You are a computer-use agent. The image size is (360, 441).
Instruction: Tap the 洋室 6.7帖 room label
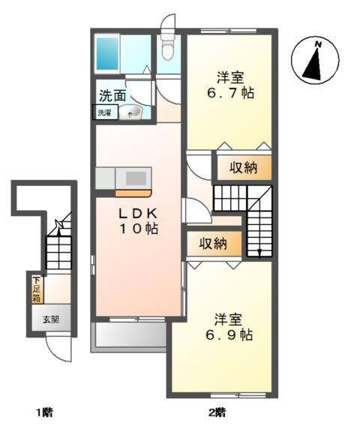pos(229,86)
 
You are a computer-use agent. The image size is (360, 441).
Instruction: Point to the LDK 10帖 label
pos(137,220)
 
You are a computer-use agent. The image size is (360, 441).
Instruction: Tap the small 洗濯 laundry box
pos(102,112)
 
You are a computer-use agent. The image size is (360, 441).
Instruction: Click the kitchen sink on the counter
pos(136,178)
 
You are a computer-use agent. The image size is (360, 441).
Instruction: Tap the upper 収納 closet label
pos(244,167)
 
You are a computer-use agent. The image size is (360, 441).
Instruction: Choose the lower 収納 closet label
pos(214,244)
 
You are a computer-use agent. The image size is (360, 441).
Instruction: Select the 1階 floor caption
pos(44,412)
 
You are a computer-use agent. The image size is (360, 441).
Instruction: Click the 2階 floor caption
pos(217,412)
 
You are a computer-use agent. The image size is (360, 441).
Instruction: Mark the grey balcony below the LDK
pos(128,335)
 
